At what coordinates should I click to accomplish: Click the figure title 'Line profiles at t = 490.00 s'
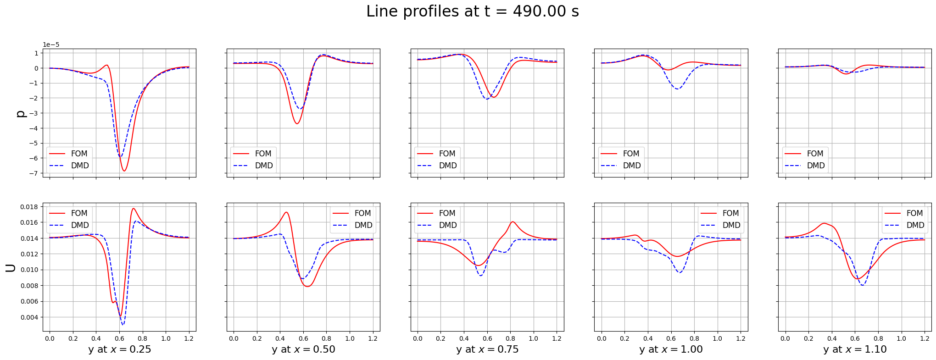click(472, 11)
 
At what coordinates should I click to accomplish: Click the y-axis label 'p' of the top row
click(21, 113)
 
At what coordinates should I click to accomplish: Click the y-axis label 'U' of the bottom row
click(10, 268)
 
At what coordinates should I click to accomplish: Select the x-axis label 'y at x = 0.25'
click(119, 349)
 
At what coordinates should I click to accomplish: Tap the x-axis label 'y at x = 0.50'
click(303, 349)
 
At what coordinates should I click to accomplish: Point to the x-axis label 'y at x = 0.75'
click(487, 349)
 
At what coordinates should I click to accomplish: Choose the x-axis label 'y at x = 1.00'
click(671, 349)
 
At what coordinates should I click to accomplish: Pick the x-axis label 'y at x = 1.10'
click(855, 349)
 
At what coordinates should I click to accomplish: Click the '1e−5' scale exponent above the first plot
click(51, 45)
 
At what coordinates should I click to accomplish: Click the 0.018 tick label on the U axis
click(29, 207)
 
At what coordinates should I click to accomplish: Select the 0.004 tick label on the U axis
click(29, 317)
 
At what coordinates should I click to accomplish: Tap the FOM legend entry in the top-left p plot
click(79, 154)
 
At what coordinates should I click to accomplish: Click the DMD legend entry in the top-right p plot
click(815, 166)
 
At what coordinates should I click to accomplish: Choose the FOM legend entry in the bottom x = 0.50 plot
click(362, 213)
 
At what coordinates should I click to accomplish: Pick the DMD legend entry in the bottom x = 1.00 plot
click(731, 225)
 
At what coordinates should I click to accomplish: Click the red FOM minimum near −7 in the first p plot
click(124, 171)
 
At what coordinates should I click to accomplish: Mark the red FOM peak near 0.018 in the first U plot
click(134, 209)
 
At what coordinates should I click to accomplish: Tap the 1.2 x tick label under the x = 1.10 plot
click(925, 338)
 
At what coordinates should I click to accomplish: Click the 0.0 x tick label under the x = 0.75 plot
click(418, 338)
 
